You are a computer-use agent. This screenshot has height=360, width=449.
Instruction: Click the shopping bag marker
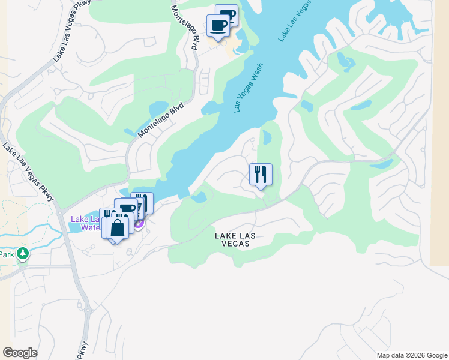pyautogui.click(x=118, y=228)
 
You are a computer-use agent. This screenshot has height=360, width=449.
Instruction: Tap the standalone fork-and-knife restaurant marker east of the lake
pyautogui.click(x=261, y=175)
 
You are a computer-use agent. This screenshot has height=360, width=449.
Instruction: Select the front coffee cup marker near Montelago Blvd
pyautogui.click(x=218, y=26)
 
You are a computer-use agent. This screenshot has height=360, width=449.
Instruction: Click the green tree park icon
pyautogui.click(x=23, y=254)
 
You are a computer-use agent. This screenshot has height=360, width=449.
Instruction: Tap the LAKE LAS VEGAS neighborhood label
pyautogui.click(x=235, y=236)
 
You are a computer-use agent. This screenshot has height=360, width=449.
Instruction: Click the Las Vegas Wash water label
pyautogui.click(x=249, y=89)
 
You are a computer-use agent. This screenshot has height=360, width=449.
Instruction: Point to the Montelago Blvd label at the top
pyautogui.click(x=185, y=27)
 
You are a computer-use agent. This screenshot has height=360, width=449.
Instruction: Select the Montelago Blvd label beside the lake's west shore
pyautogui.click(x=160, y=119)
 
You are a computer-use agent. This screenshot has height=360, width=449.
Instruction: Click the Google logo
pyautogui.click(x=20, y=353)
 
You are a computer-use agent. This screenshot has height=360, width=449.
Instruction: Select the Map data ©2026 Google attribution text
pyautogui.click(x=412, y=355)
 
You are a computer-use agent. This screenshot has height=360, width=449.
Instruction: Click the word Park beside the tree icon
pyautogui.click(x=7, y=254)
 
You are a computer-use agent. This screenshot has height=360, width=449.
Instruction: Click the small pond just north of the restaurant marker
pyautogui.click(x=267, y=137)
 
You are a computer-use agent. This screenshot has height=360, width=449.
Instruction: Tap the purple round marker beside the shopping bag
pyautogui.click(x=139, y=224)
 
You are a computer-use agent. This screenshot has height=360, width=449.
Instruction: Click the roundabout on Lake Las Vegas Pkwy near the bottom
pyautogui.click(x=88, y=310)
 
